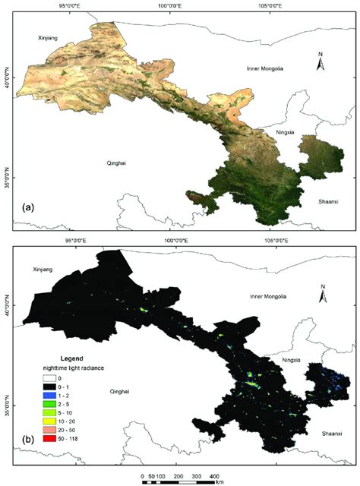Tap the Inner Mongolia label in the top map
[x=265, y=68]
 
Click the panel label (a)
[x=29, y=207]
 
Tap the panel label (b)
[x=29, y=439]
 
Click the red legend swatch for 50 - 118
[x=47, y=438]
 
